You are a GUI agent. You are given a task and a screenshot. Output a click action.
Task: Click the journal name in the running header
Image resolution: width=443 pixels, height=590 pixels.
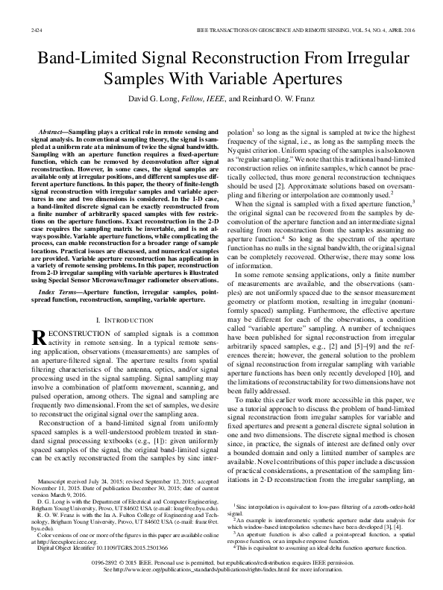click(x=291, y=29)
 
